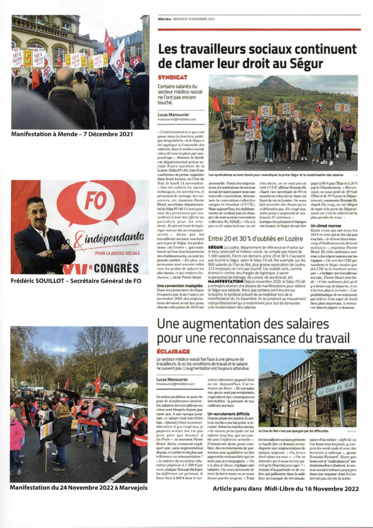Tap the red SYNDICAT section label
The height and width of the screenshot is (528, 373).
pos(173,77)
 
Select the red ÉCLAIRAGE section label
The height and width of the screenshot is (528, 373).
pos(173,351)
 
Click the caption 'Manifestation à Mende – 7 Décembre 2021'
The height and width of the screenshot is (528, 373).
pos(72,134)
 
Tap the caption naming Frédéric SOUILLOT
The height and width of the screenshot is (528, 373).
pos(76,281)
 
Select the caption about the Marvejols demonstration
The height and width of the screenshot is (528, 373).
pos(78,487)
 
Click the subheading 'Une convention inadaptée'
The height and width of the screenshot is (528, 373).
pos(180,285)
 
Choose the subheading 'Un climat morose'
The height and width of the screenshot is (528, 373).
pos(325,226)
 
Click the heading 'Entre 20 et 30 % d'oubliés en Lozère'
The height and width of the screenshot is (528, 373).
pos(255,239)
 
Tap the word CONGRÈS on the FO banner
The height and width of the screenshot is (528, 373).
pos(118,268)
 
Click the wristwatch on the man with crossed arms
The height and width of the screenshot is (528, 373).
pos(49,253)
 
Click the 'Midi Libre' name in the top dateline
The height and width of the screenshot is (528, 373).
pos(165,19)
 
